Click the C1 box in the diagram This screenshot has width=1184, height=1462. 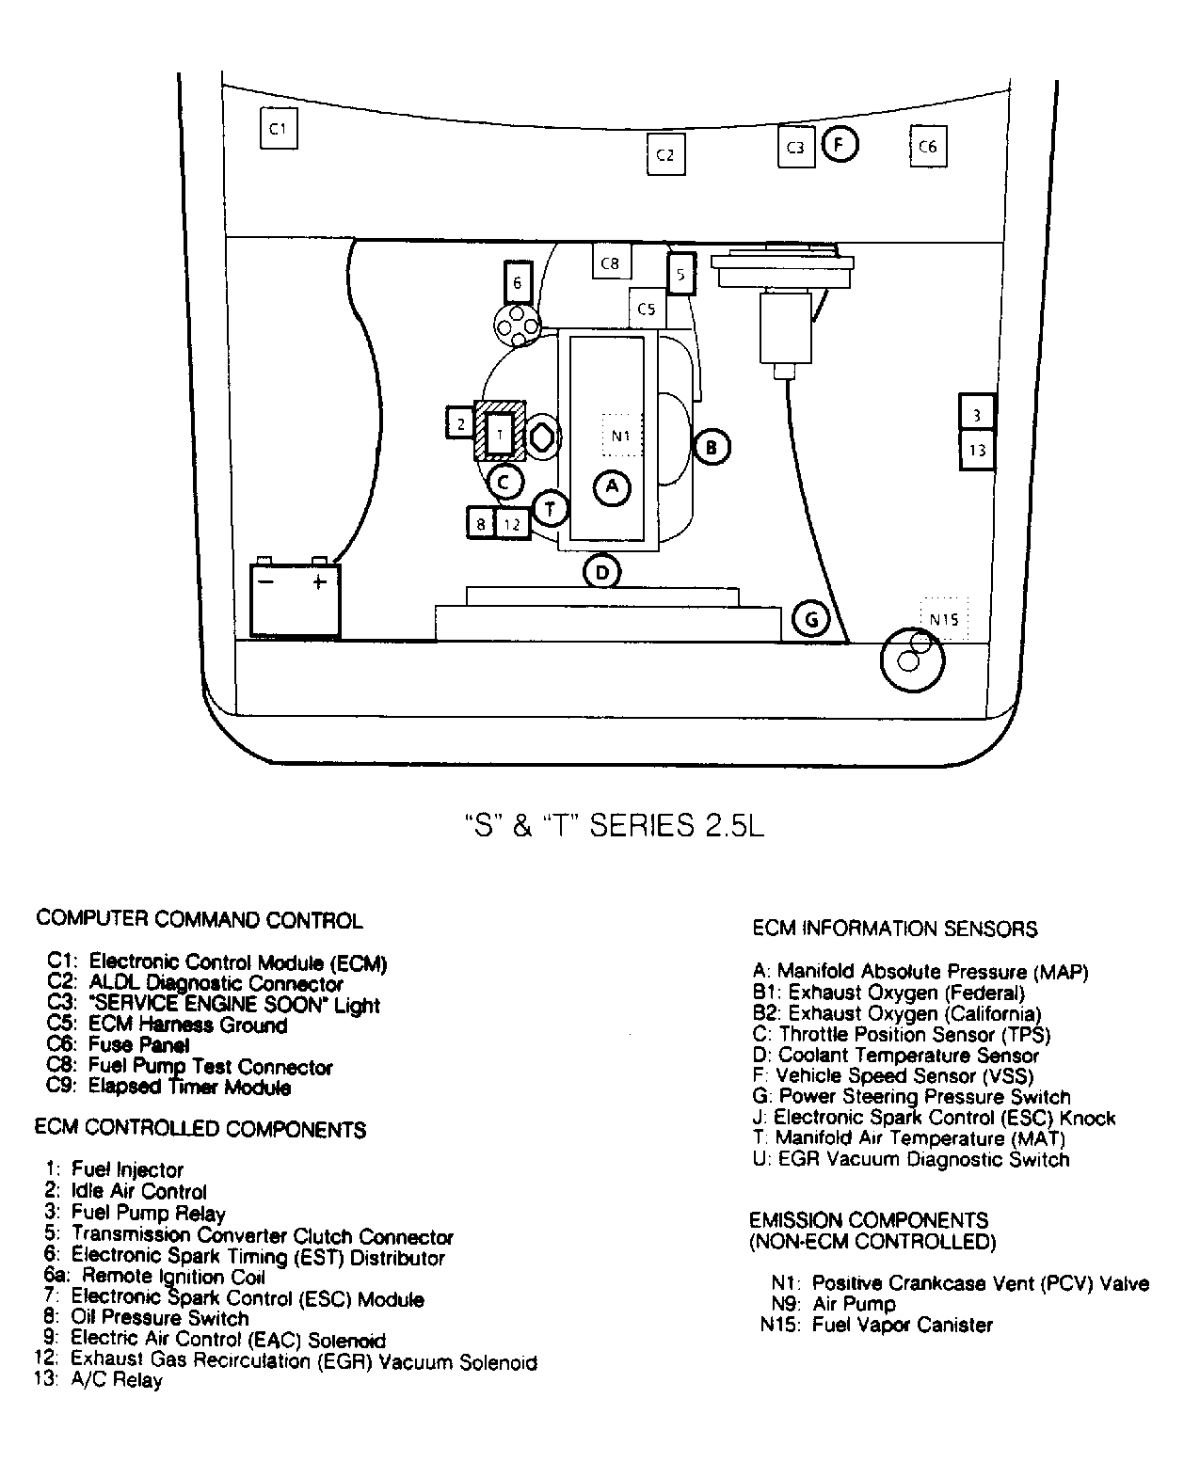pyautogui.click(x=278, y=129)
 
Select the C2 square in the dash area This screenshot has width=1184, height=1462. pyautogui.click(x=665, y=154)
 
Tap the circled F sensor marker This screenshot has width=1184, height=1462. pyautogui.click(x=840, y=145)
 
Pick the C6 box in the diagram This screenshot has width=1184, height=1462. pyautogui.click(x=927, y=147)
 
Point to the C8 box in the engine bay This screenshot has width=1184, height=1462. pyautogui.click(x=611, y=263)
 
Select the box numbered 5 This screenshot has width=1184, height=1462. pyautogui.click(x=681, y=275)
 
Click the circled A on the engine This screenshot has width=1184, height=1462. pyautogui.click(x=613, y=486)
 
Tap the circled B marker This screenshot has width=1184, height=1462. pyautogui.click(x=712, y=447)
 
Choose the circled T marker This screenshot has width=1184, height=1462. pyautogui.click(x=550, y=509)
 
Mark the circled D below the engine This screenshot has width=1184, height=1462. pyautogui.click(x=602, y=570)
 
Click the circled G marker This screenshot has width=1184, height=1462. pyautogui.click(x=811, y=618)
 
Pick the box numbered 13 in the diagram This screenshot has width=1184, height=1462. pyautogui.click(x=977, y=450)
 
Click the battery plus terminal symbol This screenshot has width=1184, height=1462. pyautogui.click(x=319, y=582)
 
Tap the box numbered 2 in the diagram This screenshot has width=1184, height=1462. pyautogui.click(x=460, y=423)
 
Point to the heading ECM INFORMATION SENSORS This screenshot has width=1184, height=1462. pyautogui.click(x=894, y=930)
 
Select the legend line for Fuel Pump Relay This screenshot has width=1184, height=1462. pyautogui.click(x=148, y=1213)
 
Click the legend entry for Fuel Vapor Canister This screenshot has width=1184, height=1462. pyautogui.click(x=902, y=1326)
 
